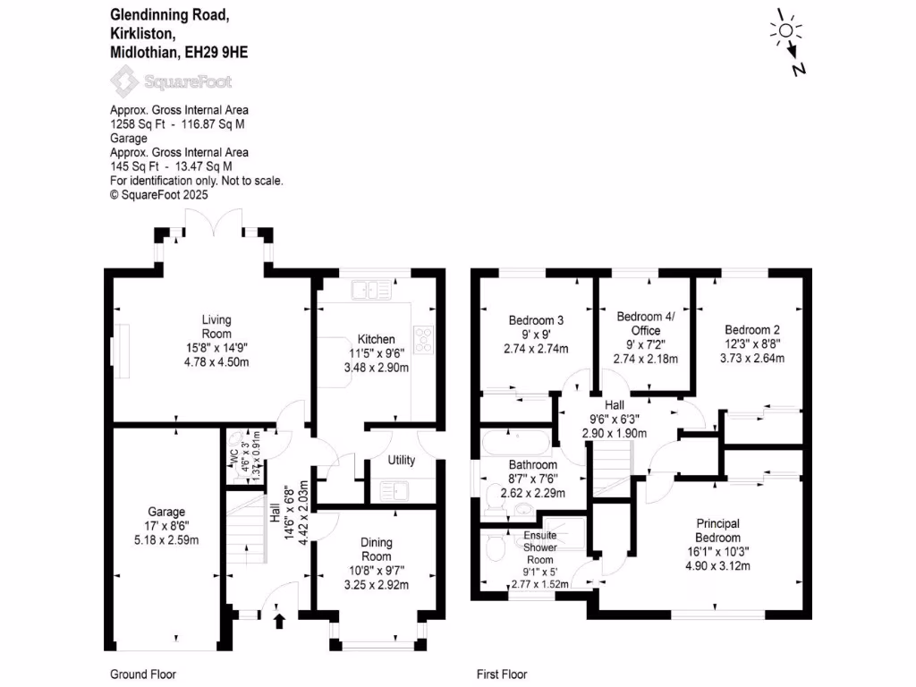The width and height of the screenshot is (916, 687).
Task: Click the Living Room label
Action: click(x=216, y=327)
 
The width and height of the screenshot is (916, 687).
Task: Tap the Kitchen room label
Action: click(x=376, y=340)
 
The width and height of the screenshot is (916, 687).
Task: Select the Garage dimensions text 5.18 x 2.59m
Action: click(x=165, y=540)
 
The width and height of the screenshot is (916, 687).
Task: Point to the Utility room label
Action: click(x=401, y=461)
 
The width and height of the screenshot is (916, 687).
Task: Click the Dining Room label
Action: click(x=376, y=548)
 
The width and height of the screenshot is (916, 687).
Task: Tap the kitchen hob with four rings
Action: click(x=425, y=338)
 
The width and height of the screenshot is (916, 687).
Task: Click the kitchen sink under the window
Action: click(x=370, y=289)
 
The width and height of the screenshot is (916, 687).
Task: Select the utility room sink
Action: click(x=394, y=489)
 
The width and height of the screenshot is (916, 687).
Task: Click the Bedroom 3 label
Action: click(x=536, y=320)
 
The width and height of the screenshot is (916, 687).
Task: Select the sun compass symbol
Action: click(x=786, y=31)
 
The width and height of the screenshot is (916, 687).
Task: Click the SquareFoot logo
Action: click(x=171, y=82)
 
